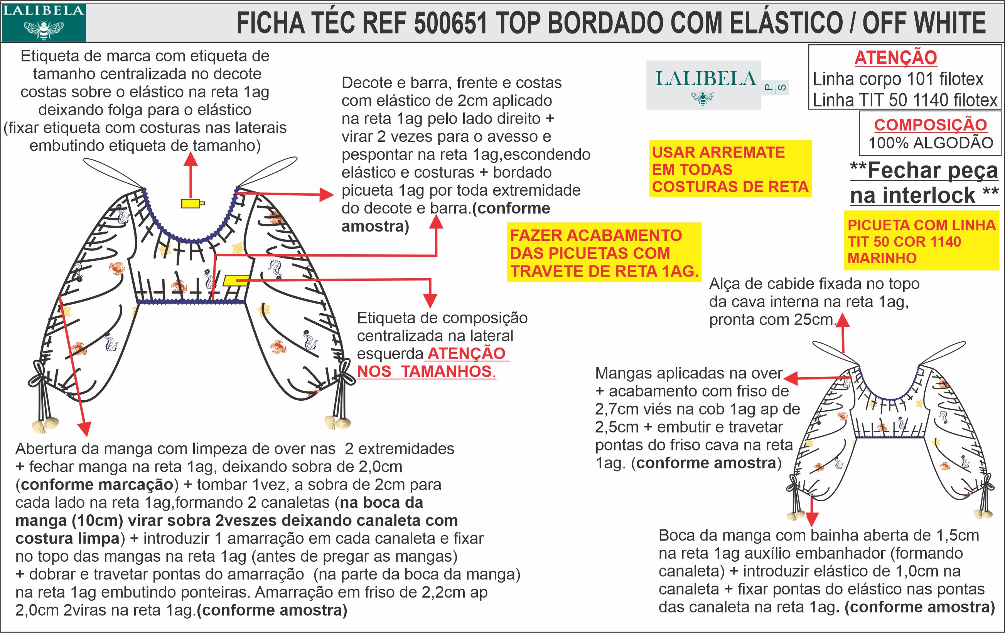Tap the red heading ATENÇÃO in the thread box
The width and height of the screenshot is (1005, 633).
coord(895,57)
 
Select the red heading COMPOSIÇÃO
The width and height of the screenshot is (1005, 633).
coord(930,125)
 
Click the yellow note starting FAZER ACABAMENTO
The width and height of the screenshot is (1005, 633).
coord(604,253)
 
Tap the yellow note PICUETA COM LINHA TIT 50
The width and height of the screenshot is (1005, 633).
coord(922,242)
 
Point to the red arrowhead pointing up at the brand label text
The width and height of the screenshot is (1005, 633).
coord(191,159)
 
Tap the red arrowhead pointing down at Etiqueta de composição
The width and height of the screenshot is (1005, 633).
coord(430,301)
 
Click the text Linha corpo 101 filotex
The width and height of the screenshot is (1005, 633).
coord(898,79)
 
